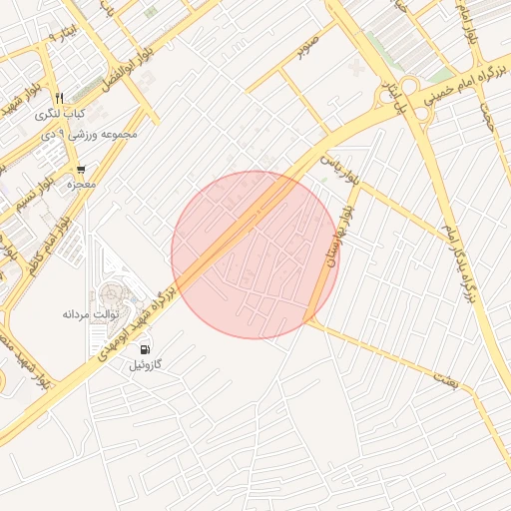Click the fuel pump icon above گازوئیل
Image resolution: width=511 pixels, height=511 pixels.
coord(147,349)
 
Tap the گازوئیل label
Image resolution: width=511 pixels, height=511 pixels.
coord(146,365)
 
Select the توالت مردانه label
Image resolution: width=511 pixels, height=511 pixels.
coord(91,313)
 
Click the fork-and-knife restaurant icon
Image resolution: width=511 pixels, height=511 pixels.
coord(60,98)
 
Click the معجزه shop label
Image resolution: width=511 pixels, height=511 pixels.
coord(80,185)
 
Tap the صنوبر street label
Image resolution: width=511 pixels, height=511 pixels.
coord(307,46)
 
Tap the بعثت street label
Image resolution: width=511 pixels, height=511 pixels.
coord(443,377)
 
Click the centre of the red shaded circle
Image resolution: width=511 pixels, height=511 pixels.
coord(255,255)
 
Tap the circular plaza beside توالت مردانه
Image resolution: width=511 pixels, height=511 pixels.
coord(109,296)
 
